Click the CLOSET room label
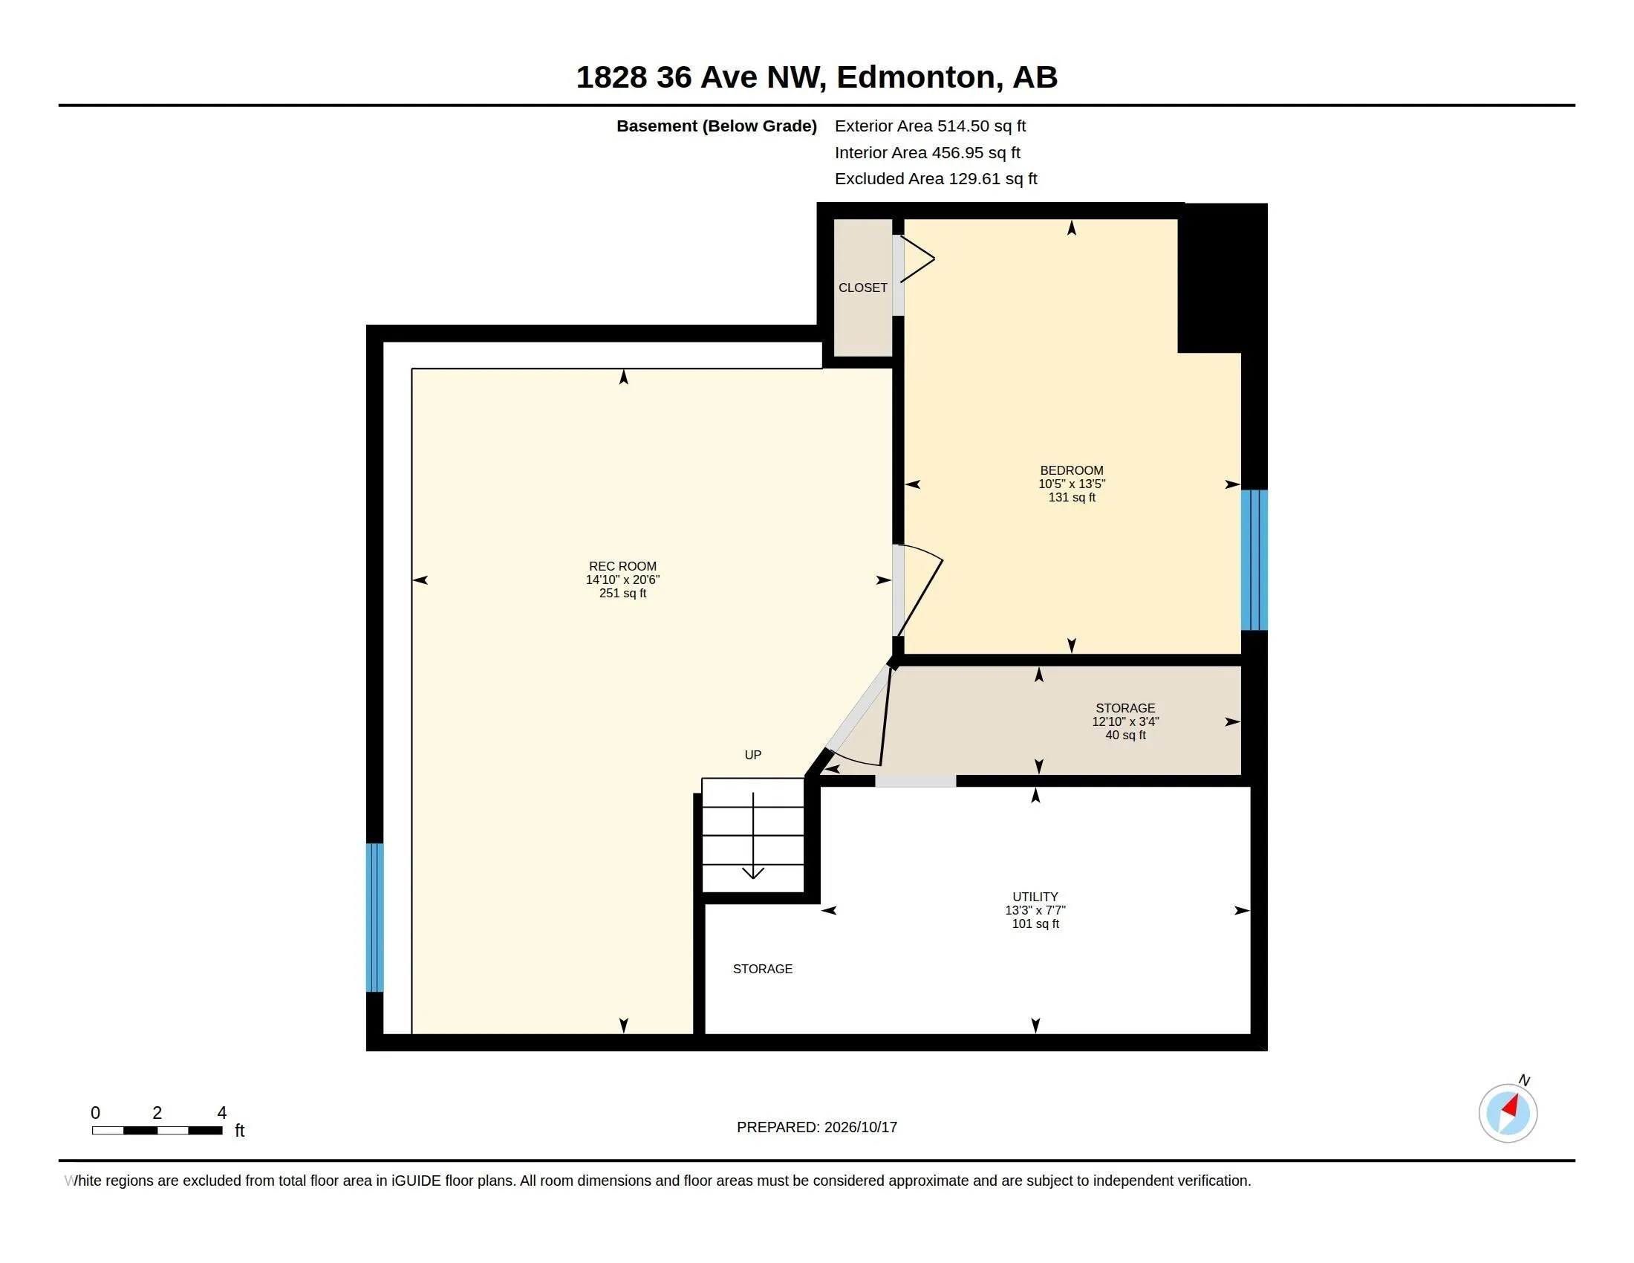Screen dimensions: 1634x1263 point(862,288)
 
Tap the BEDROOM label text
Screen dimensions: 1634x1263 point(1071,470)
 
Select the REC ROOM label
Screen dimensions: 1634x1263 point(622,566)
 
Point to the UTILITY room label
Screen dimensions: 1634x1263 point(1035,897)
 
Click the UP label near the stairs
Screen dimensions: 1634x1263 point(752,755)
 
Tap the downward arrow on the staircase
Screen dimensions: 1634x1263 point(752,835)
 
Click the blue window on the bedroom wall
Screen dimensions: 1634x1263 point(1254,559)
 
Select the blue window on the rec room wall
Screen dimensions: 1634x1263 point(374,918)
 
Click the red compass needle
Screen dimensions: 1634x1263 point(1511,1105)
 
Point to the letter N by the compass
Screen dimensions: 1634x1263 point(1524,1080)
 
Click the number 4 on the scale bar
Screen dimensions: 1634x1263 point(221,1113)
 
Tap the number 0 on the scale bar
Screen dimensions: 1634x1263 point(95,1113)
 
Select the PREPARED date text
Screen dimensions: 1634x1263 point(817,1127)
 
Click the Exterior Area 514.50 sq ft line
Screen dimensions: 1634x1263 point(930,126)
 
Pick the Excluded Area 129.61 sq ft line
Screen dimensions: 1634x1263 point(936,179)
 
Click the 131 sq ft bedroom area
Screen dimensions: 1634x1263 point(1071,498)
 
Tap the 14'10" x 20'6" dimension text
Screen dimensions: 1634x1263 point(622,580)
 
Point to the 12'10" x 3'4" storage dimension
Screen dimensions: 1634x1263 point(1125,722)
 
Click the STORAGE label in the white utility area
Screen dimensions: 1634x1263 point(762,969)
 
